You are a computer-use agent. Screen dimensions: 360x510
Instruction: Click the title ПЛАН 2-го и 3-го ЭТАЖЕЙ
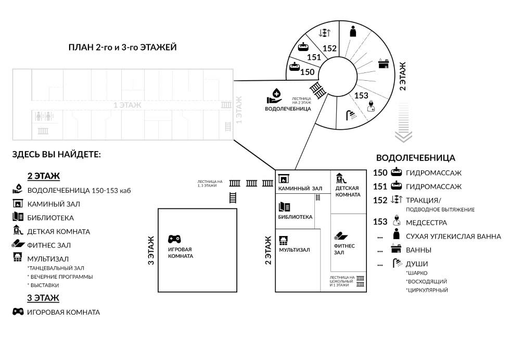tap(123, 47)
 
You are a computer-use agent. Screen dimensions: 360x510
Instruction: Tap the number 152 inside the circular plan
tap(329, 48)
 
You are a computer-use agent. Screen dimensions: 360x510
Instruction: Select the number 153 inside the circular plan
tap(361, 96)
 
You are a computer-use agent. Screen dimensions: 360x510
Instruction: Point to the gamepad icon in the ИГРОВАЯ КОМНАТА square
tap(174, 239)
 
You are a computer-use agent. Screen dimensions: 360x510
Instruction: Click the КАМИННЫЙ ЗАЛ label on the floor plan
tap(300, 188)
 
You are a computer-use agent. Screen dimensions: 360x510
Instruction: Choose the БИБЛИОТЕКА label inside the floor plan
tap(295, 217)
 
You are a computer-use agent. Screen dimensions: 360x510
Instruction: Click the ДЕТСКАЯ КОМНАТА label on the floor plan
tap(348, 191)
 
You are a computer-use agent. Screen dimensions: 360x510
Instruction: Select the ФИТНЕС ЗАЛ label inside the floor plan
tap(344, 249)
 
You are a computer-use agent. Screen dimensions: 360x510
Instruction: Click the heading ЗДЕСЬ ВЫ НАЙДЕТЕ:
tap(57, 155)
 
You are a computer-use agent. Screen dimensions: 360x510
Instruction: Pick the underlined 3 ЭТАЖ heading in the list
tap(43, 298)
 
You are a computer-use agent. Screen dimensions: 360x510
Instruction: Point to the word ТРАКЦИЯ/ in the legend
tap(423, 200)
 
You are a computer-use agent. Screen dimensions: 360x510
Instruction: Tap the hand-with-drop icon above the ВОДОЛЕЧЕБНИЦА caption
tap(274, 96)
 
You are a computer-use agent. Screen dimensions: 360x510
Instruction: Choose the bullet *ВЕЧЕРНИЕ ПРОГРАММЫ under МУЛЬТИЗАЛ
tap(60, 277)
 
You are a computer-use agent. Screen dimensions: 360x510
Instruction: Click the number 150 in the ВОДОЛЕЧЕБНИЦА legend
tap(380, 172)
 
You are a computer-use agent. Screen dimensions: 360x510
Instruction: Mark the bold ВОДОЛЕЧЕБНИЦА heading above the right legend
tap(415, 158)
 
